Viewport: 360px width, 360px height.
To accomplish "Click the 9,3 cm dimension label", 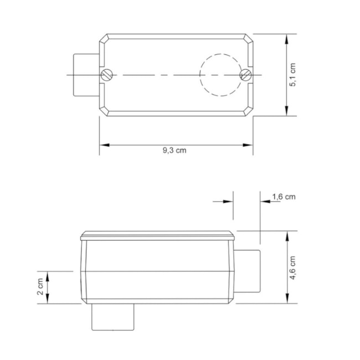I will coord(174,151).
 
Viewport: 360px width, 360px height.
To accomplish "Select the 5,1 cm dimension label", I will coord(294,74).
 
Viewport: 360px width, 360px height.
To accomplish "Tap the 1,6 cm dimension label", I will coord(284,197).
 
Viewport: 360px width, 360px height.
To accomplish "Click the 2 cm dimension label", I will coord(40,287).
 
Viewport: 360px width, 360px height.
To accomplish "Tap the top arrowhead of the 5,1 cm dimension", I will coord(286,39).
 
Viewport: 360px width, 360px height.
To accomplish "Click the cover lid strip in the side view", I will coord(158,235).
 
